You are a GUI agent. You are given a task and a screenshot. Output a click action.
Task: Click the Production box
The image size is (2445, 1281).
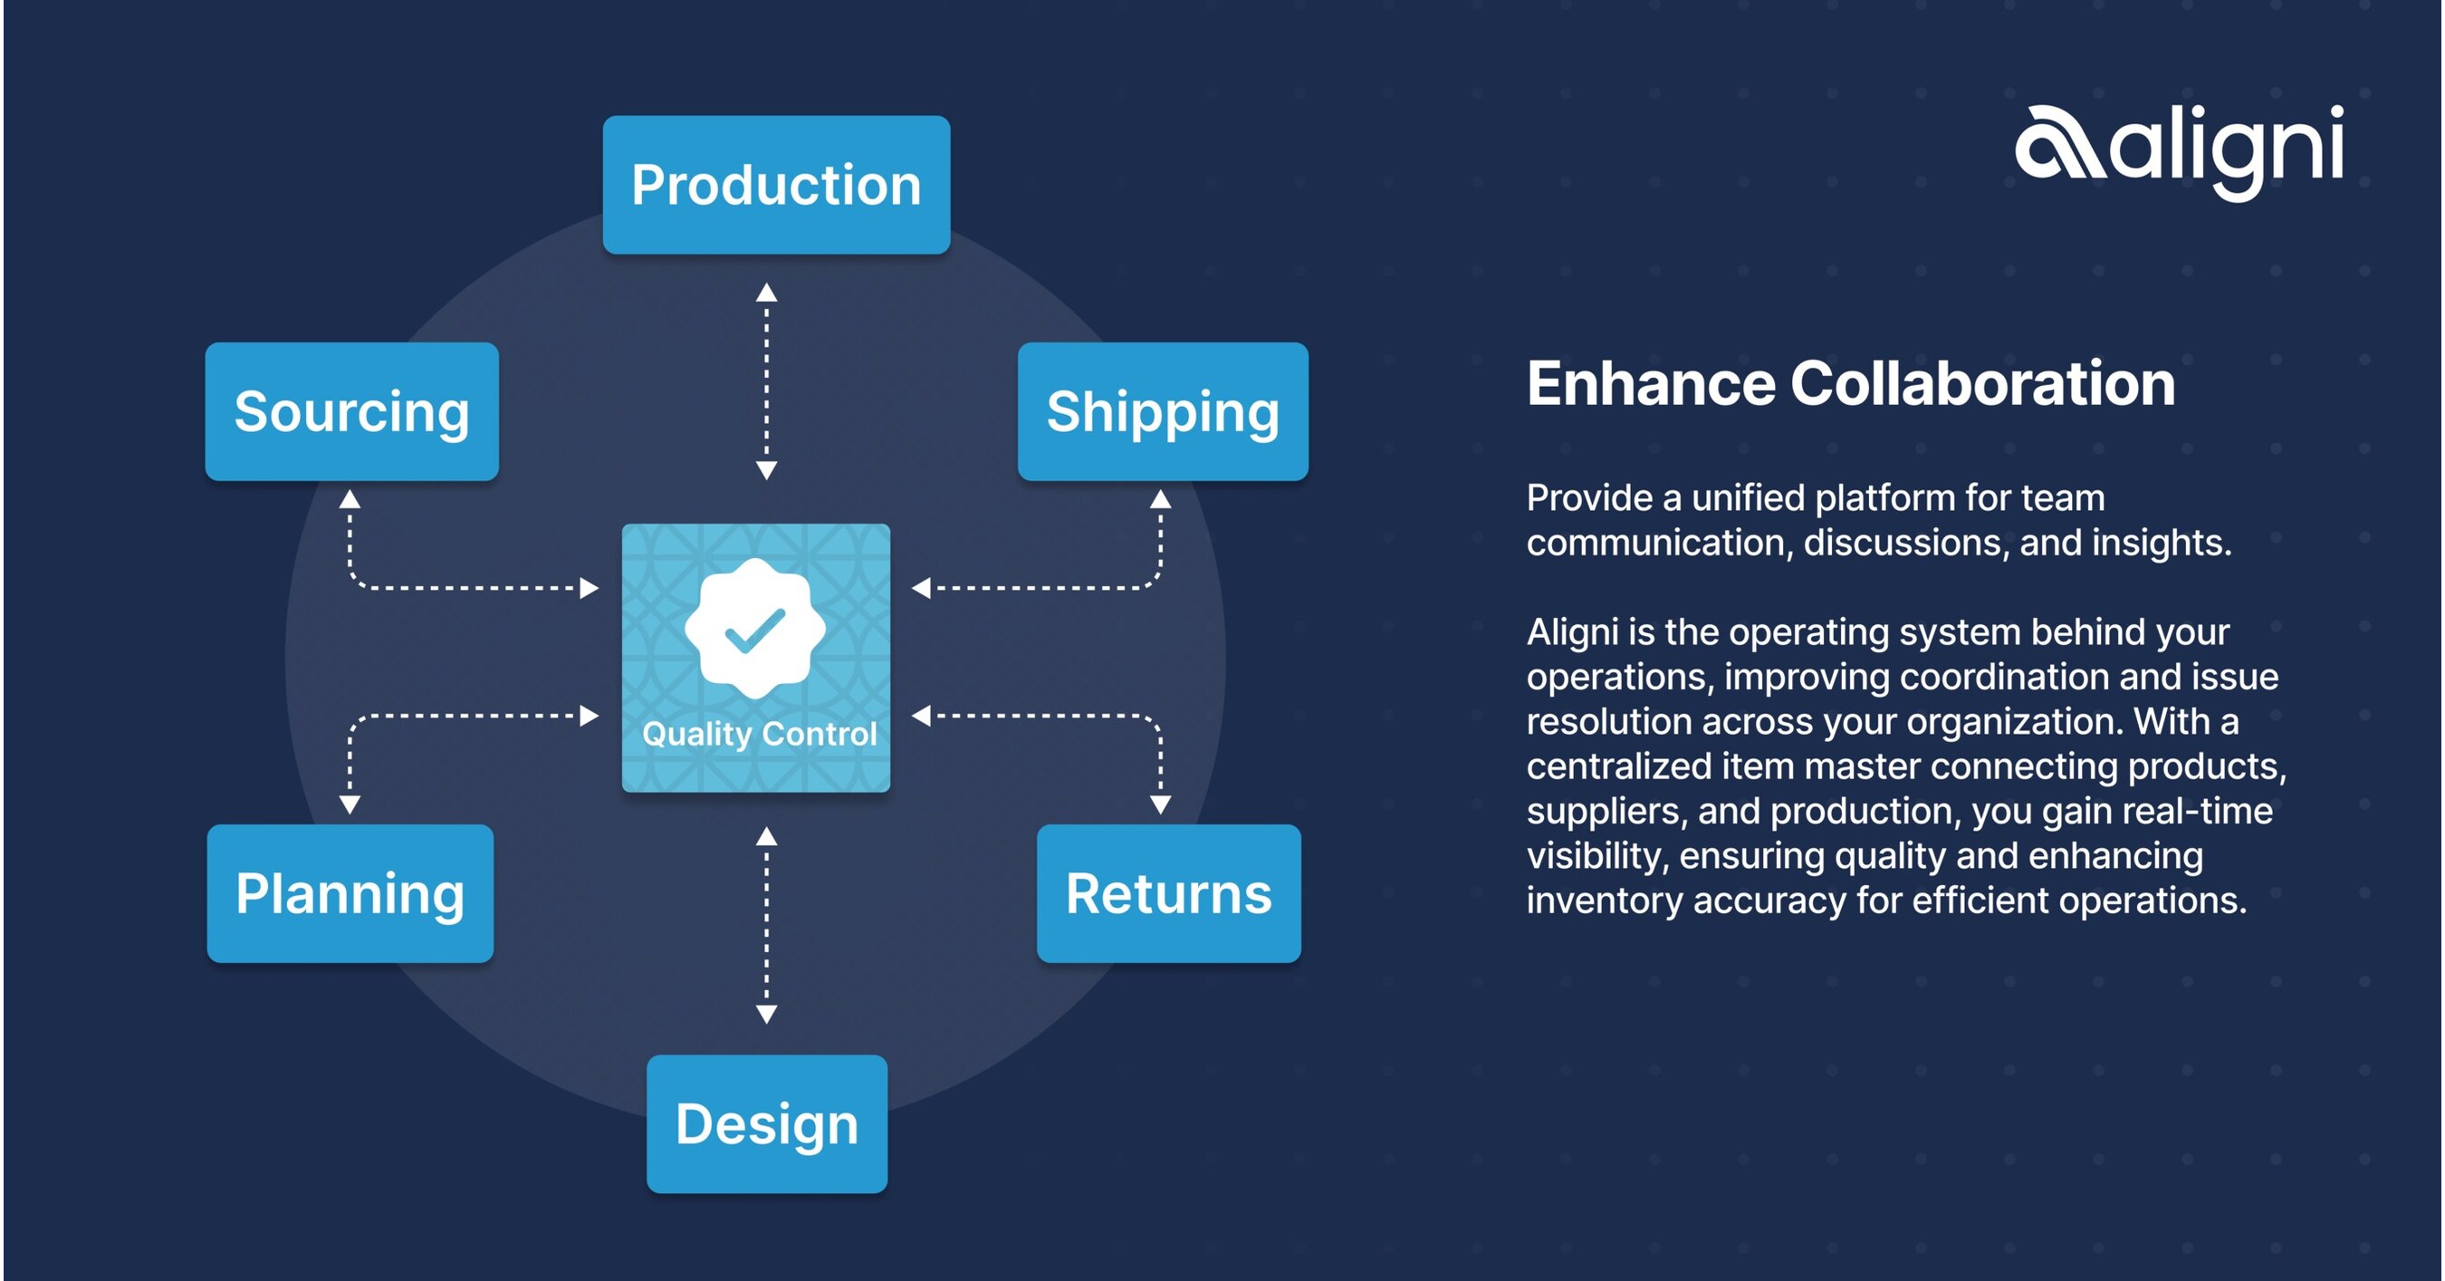(x=775, y=184)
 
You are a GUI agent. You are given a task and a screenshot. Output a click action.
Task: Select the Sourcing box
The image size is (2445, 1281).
(x=351, y=411)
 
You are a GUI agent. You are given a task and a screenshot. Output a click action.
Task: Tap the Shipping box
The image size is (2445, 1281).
(x=1163, y=411)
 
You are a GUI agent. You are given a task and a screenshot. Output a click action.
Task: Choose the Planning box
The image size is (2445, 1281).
(x=350, y=892)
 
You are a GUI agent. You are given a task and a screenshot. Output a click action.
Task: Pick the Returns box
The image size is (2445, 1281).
(x=1168, y=892)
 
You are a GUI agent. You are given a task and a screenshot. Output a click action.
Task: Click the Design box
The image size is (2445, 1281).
(x=766, y=1123)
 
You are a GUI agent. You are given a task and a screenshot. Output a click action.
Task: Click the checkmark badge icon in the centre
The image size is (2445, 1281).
(x=755, y=629)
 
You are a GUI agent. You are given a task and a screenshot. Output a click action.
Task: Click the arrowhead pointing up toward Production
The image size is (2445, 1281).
(x=767, y=293)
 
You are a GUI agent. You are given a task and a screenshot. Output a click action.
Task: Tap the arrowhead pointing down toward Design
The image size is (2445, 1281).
(x=767, y=1013)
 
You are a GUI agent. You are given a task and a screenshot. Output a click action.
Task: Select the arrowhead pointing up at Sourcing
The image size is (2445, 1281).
(x=350, y=499)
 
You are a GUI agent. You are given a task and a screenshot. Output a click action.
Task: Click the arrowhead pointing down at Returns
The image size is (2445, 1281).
(x=1160, y=804)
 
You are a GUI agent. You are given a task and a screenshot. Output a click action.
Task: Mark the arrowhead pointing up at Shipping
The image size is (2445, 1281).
(x=1160, y=499)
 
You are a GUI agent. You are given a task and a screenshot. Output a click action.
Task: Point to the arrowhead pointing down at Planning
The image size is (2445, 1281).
(x=350, y=804)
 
